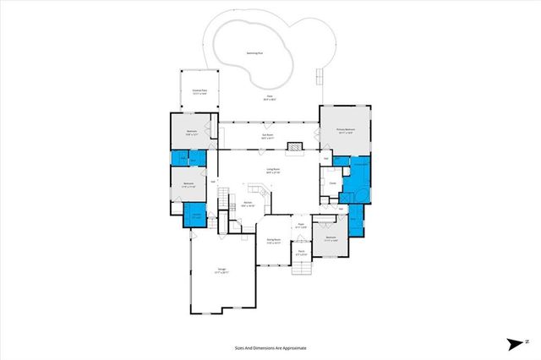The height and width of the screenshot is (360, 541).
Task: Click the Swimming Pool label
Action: [254, 52]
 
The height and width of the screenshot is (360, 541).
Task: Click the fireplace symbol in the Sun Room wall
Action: [294, 147]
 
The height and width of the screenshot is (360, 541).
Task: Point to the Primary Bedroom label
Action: [344, 131]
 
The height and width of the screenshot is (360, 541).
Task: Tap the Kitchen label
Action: [249, 204]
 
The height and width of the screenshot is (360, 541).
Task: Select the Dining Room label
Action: [274, 241]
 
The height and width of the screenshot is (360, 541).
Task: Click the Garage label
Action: [221, 271]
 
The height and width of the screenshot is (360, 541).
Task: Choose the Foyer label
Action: [300, 226]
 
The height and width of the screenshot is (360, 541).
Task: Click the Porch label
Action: [300, 251]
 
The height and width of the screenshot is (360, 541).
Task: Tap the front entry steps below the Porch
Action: [302, 268]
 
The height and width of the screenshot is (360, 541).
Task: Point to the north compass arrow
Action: [515, 343]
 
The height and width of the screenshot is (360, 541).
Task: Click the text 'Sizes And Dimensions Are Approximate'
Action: [270, 347]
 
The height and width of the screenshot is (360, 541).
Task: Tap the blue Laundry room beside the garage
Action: [194, 215]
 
